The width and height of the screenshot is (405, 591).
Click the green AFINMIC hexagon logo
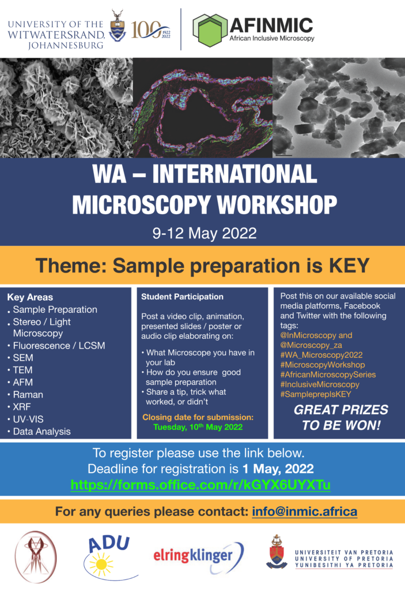[210, 30]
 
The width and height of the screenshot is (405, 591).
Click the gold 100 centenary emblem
[150, 30]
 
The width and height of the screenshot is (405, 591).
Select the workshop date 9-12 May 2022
[205, 233]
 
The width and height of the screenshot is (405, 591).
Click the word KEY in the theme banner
[349, 265]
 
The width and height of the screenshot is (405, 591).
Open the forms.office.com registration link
[200, 485]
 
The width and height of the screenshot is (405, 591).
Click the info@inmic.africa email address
[305, 511]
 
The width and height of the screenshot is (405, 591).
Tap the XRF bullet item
[22, 407]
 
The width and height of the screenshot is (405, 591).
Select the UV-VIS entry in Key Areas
[28, 419]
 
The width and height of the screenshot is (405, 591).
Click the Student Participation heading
[182, 297]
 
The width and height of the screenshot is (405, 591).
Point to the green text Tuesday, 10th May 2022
[198, 427]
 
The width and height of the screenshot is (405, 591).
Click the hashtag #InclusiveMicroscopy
[320, 384]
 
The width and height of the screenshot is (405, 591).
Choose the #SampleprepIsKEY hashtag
[316, 394]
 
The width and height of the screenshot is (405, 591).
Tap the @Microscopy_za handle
[311, 345]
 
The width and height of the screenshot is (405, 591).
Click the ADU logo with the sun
[108, 557]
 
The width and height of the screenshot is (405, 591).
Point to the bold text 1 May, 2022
[278, 469]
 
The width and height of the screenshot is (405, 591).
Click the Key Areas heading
[30, 297]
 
